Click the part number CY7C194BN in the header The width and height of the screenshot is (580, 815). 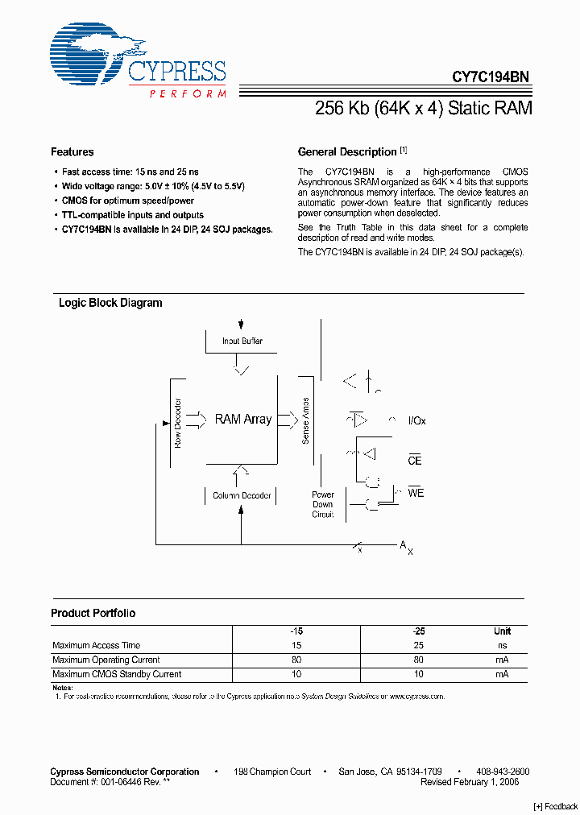tap(490, 77)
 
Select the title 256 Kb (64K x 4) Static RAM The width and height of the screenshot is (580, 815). tap(423, 108)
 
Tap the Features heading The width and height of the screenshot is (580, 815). tap(72, 152)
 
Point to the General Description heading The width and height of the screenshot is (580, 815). tap(347, 152)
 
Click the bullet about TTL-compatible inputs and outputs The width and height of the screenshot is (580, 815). tap(133, 215)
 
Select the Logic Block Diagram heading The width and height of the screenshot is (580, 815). tap(110, 304)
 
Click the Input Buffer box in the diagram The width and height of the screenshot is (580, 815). tap(242, 341)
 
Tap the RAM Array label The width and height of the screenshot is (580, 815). tap(243, 420)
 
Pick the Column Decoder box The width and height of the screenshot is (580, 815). tap(242, 495)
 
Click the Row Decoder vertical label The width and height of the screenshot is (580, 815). tap(178, 423)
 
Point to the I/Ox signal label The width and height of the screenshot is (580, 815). tap(417, 421)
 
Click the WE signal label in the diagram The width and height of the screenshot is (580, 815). tap(416, 493)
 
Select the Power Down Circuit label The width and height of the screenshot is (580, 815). tap(323, 504)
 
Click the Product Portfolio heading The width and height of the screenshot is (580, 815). tap(93, 614)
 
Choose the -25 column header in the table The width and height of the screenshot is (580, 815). tap(419, 631)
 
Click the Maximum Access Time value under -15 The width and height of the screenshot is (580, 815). tap(297, 646)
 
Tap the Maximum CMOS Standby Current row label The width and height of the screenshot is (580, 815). tap(117, 674)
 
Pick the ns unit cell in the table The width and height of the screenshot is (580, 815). tap(503, 646)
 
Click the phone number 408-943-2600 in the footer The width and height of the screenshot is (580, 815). tap(503, 772)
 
